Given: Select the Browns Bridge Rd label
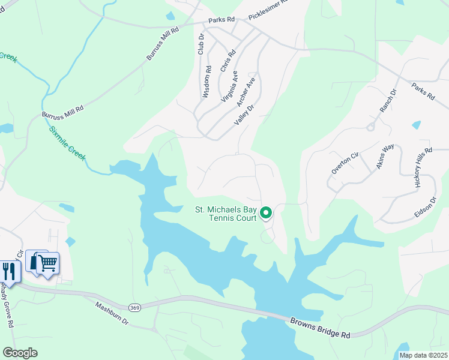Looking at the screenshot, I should click(x=320, y=329).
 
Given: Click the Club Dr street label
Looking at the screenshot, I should click(x=201, y=44).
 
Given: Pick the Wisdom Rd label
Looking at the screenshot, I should click(x=207, y=82).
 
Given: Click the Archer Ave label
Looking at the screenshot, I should click(x=246, y=91).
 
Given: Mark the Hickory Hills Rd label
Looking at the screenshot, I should click(x=423, y=169).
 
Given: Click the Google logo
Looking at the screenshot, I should click(x=20, y=353).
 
